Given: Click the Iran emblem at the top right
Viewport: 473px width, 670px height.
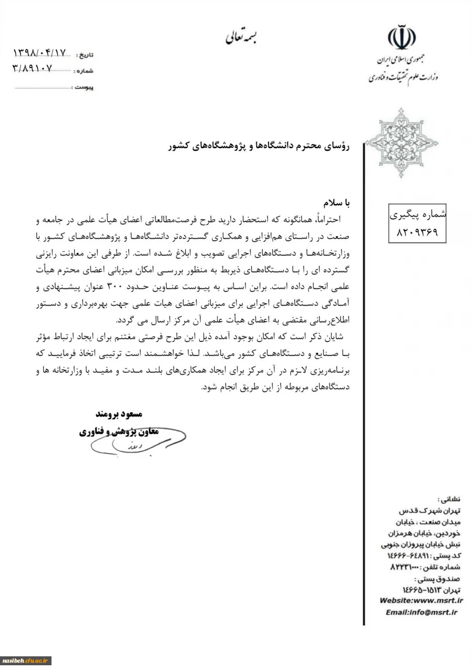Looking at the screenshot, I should point(402,37).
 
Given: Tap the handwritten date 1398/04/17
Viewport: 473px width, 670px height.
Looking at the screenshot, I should point(40,53).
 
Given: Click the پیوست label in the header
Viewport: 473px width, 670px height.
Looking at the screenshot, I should point(84,87).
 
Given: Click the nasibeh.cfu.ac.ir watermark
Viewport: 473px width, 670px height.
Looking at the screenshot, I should point(26,660).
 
